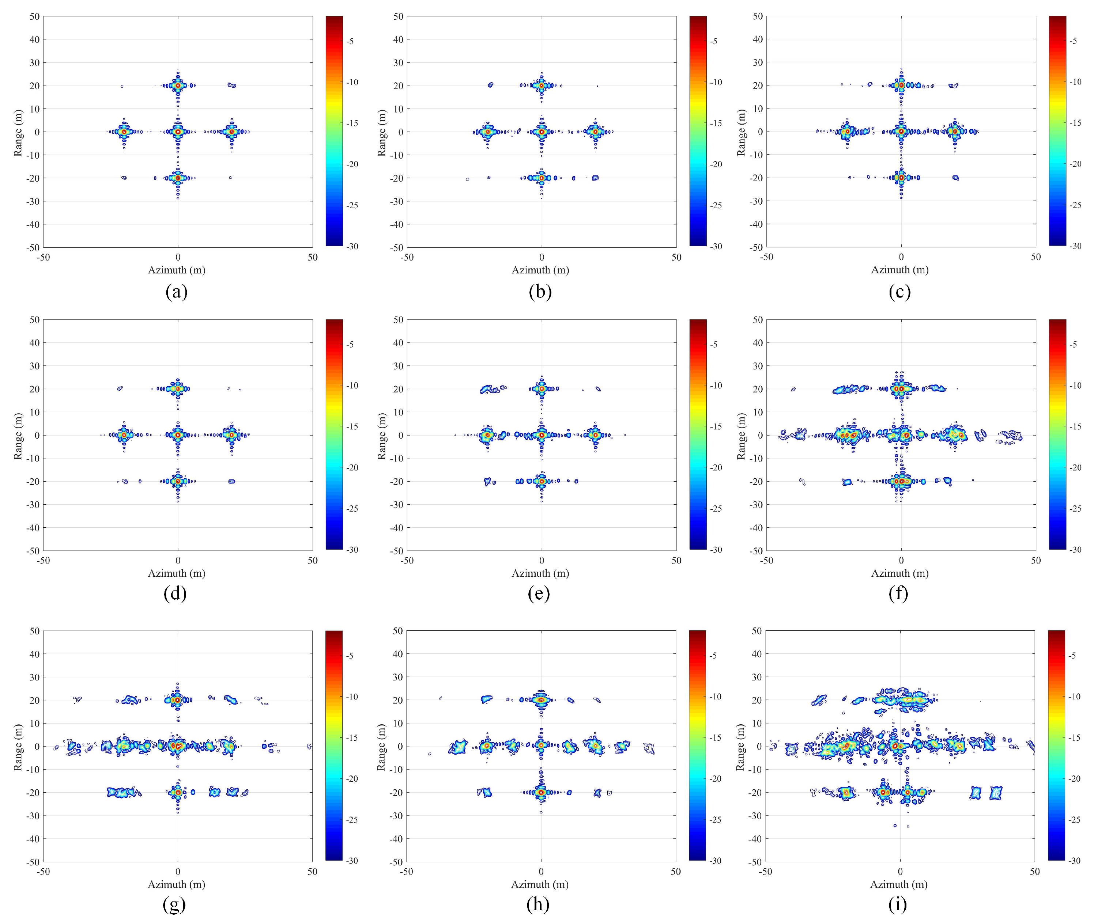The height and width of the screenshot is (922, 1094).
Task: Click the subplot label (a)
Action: pos(176,291)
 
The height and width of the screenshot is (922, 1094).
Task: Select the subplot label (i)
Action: pos(898,905)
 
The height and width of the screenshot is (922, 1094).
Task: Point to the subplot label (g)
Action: pos(174,905)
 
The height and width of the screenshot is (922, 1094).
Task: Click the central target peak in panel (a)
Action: pos(178,132)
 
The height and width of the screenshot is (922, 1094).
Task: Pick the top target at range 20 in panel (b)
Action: pos(542,85)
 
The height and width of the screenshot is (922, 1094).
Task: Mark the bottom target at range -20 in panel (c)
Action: pos(901,178)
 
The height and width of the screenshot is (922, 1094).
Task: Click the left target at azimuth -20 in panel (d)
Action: pos(124,435)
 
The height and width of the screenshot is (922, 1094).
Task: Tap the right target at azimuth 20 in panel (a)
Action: pos(232,132)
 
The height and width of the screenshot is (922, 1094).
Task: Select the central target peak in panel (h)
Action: pos(541,746)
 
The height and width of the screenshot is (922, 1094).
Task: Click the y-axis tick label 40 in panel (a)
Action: pos(34,39)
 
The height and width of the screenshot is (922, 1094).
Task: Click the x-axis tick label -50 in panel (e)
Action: pos(407,561)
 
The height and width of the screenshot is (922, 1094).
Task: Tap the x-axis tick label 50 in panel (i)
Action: pos(1035,872)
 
